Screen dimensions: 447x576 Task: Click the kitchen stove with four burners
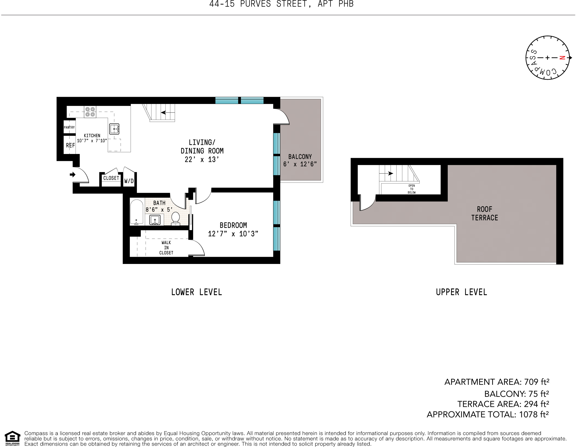[x=90, y=112]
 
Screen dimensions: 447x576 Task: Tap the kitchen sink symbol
[x=114, y=129]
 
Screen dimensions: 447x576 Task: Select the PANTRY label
[x=69, y=127]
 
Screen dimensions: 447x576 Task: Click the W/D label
[x=129, y=181]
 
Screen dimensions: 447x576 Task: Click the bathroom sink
[x=155, y=220]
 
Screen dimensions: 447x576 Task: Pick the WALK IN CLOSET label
[x=166, y=247]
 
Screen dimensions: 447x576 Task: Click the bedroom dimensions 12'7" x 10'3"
[x=233, y=234]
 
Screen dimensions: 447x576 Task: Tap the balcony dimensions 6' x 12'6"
[x=300, y=164]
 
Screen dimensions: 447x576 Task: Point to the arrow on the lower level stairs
[x=163, y=113]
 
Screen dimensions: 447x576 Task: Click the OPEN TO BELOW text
[x=411, y=189]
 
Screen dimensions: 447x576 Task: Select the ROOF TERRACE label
[x=484, y=214]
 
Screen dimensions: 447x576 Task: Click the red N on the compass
[x=562, y=58]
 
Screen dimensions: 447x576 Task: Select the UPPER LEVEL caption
[x=461, y=292]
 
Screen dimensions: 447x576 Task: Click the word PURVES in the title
[x=255, y=4]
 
